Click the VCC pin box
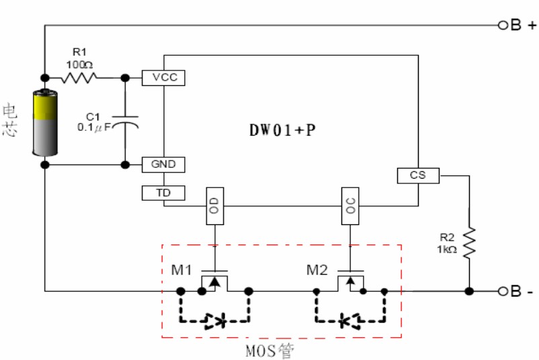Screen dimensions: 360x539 [x=164, y=77]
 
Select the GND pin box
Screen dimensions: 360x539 [x=164, y=164]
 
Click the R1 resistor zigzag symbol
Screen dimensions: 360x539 [x=79, y=78]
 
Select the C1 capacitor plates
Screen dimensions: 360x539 [x=125, y=122]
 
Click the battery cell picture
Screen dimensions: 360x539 [x=45, y=123]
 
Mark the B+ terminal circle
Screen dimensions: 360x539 [x=501, y=26]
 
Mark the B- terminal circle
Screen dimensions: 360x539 [x=501, y=291]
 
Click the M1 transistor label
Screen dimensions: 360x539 [x=181, y=270]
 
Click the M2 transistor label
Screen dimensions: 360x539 [x=317, y=270]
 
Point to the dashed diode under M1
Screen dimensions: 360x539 [x=214, y=322]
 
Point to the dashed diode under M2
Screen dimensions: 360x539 [x=350, y=322]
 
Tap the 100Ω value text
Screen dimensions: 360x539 [x=79, y=63]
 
